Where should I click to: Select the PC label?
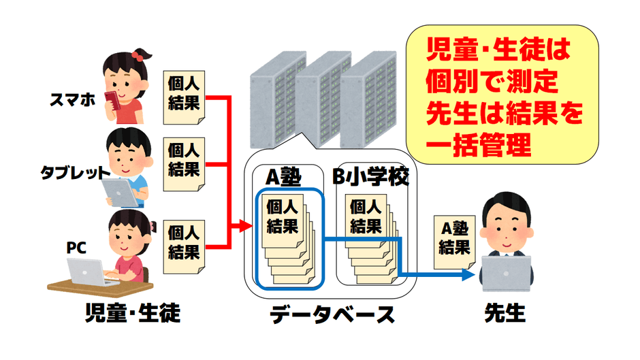coord(76,246)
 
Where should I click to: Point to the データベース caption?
coord(332,315)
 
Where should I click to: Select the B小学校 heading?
coord(371,178)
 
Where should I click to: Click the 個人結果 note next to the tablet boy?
coord(183,159)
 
